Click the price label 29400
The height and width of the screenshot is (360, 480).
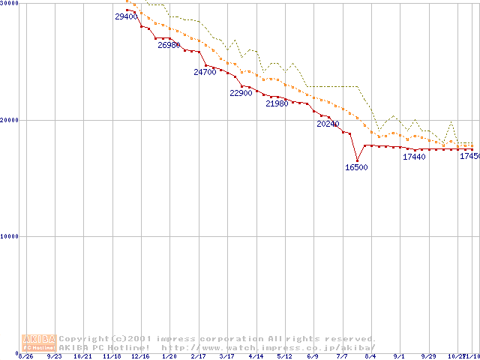[125, 16]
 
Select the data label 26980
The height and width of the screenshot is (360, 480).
[169, 45]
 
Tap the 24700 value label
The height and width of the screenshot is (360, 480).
[205, 72]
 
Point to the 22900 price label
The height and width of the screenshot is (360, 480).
[241, 94]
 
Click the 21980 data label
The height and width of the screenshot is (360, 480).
[277, 103]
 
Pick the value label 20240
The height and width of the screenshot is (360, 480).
[328, 123]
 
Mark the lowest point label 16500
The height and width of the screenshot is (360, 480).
[356, 167]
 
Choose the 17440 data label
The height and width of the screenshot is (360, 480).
[414, 157]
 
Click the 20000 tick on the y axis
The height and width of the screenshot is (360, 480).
[9, 120]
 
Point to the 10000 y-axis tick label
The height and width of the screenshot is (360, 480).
[9, 236]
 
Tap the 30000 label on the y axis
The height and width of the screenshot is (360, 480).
[9, 4]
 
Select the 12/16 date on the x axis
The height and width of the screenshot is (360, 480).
[140, 356]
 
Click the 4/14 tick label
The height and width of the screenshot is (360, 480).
[256, 356]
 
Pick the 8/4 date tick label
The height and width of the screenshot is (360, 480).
[370, 356]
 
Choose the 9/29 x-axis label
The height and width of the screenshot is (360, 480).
[428, 356]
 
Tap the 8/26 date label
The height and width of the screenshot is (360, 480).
[25, 356]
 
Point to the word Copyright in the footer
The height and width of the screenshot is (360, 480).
[85, 338]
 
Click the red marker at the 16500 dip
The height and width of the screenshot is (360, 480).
[357, 160]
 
